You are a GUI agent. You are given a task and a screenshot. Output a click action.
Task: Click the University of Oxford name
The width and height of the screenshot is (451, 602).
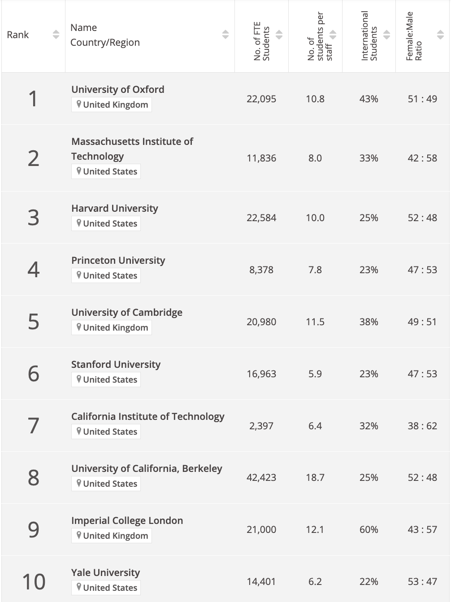point(117,89)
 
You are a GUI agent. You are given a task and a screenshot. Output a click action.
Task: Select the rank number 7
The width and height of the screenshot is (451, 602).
point(34,426)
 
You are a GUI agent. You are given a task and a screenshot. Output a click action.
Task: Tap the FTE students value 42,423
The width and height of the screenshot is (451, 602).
point(261,477)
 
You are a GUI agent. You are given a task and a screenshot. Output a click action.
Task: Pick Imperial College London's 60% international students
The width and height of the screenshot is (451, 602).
point(369,529)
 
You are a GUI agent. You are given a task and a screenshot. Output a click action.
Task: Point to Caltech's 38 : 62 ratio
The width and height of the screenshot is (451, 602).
point(422,426)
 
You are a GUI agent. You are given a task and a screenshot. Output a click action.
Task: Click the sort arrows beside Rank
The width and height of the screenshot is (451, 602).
point(56,35)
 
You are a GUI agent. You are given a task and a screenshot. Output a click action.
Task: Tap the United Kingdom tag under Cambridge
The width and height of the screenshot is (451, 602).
point(112,327)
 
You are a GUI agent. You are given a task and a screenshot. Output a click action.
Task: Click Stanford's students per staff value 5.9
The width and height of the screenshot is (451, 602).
point(315,374)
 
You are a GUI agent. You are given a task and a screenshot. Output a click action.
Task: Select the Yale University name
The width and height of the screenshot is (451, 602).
point(105,572)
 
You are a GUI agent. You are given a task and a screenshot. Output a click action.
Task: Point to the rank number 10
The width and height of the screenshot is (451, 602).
point(34,581)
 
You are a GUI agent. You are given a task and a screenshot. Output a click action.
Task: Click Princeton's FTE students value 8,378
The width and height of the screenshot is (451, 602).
point(261,270)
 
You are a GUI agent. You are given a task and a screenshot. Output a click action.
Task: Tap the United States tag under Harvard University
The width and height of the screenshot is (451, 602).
point(106,223)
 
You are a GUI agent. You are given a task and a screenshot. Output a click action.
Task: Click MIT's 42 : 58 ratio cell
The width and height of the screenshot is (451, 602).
point(422,158)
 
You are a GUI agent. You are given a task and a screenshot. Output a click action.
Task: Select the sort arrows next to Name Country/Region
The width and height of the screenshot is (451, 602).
point(225,35)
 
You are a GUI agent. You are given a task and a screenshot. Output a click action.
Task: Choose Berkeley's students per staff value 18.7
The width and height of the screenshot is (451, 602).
point(315,477)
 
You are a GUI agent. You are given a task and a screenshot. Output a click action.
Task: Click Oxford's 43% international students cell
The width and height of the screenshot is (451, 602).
point(369,99)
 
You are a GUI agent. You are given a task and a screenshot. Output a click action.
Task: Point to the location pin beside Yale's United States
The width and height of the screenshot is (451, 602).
point(79,587)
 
